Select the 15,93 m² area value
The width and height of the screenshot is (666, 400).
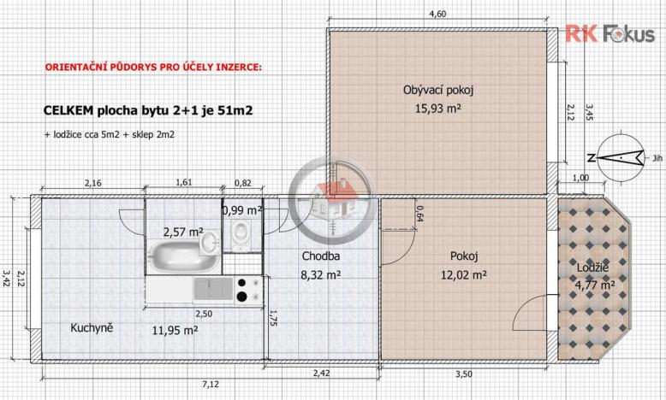[x=437, y=109]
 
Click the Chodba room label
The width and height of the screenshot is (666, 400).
[x=321, y=256]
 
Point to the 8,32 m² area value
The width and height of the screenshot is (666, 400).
[x=321, y=275]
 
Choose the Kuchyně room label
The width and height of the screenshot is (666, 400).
[x=92, y=327]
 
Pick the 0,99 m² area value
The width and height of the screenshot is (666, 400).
[x=241, y=209]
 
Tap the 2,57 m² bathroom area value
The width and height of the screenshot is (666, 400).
[x=183, y=231]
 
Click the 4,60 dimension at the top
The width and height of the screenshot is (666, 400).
[x=437, y=14]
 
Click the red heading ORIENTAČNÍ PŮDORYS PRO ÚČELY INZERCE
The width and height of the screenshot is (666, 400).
[x=150, y=67]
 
